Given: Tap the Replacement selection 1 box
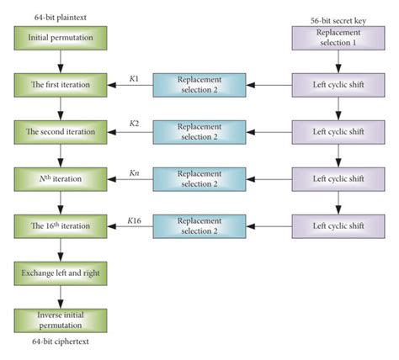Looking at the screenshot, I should (x=337, y=36).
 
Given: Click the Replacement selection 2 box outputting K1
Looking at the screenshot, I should (x=200, y=84).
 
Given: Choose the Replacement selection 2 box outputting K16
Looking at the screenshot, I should (x=200, y=225).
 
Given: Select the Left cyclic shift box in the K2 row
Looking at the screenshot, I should (x=337, y=131).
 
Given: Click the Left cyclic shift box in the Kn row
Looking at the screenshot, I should (x=337, y=177).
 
